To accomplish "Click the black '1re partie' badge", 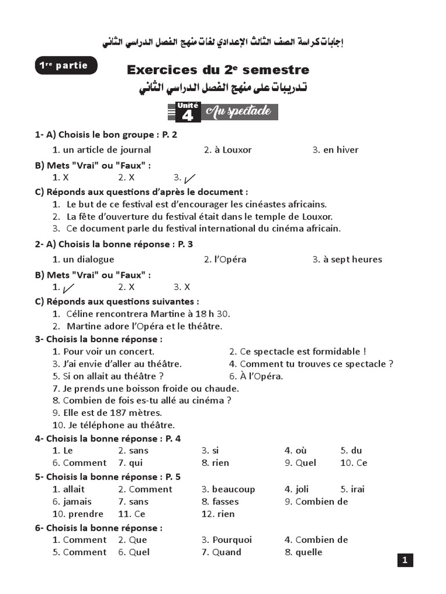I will [66, 66].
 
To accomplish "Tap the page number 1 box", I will [405, 560].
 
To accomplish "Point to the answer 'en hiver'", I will [341, 150].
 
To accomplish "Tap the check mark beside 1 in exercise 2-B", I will [68, 287].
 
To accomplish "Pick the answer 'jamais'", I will [77, 501].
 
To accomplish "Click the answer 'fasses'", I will [225, 501].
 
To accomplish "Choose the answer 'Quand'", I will [226, 552].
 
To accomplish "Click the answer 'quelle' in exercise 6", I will [308, 552].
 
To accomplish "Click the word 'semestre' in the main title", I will [276, 70].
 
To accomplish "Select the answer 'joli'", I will [302, 489].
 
